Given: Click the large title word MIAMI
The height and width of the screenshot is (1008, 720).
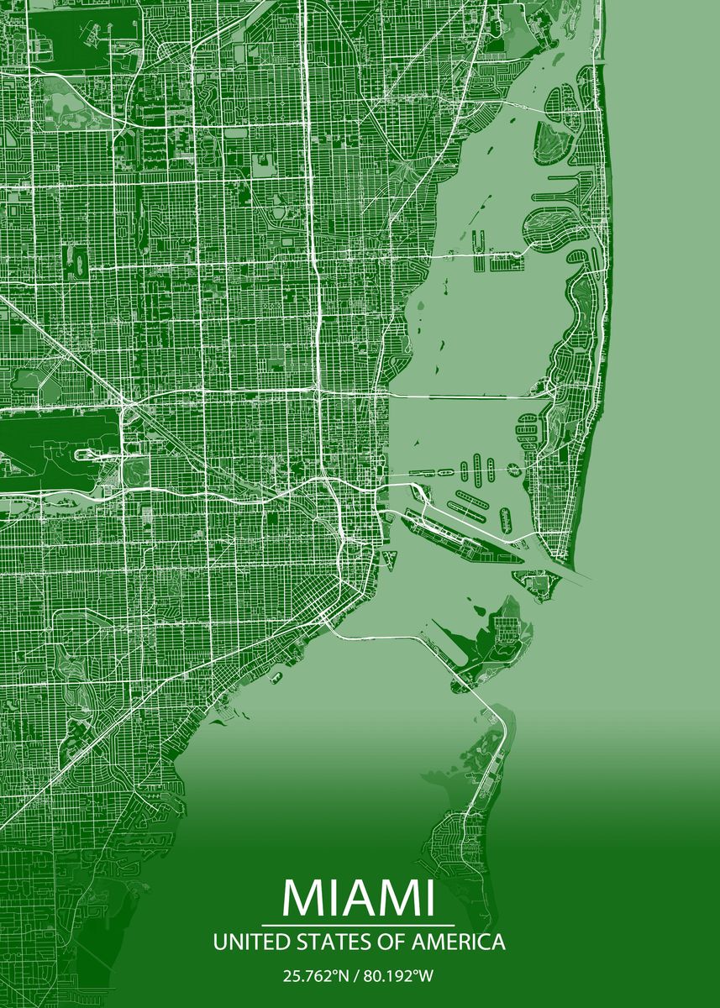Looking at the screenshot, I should point(360,899).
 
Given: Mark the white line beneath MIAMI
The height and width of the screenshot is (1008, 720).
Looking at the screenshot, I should point(360,925).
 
